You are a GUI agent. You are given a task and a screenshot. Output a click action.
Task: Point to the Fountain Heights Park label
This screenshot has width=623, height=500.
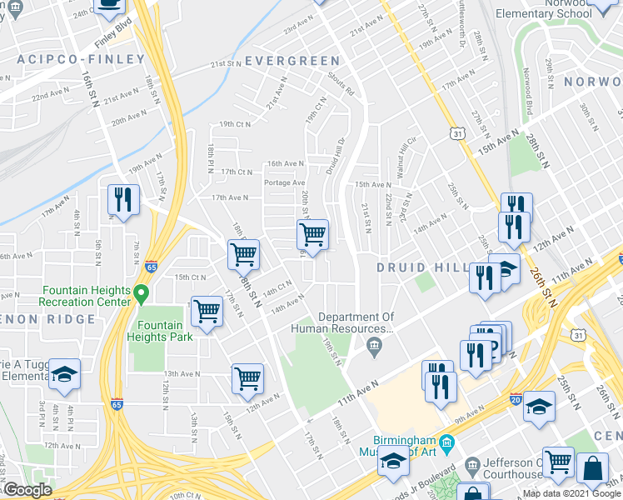coord(160,331)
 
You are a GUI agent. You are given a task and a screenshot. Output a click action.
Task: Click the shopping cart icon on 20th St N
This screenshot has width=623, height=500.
coord(312,234)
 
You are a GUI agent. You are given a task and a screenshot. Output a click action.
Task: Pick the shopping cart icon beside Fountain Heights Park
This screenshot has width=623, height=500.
coord(206,312)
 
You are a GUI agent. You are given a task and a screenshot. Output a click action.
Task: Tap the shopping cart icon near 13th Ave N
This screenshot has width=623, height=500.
coord(247,378)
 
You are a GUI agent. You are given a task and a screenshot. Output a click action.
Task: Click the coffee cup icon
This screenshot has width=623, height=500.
coord(109,5)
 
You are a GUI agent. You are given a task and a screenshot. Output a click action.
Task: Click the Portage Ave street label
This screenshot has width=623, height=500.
coord(285,182)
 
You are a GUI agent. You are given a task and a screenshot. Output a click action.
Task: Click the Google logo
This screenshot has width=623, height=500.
coord(27,490)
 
